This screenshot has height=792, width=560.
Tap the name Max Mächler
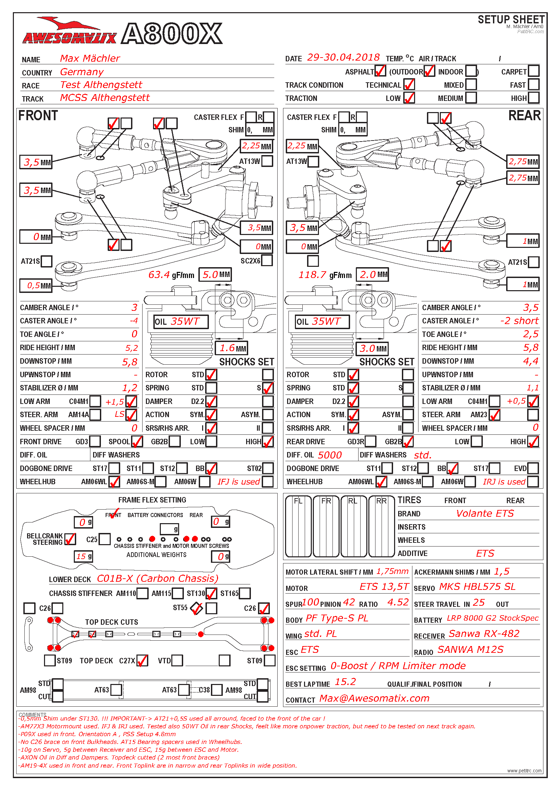[x=90, y=58]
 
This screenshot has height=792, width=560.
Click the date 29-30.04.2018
[x=343, y=57]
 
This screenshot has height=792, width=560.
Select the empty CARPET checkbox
[x=534, y=71]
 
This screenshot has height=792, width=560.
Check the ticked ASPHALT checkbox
[x=380, y=71]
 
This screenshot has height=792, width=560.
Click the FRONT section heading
[x=38, y=115]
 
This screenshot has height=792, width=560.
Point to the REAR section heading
[x=524, y=115]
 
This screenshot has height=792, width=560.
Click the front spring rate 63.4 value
[x=159, y=275]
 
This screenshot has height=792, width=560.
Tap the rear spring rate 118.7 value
[x=313, y=275]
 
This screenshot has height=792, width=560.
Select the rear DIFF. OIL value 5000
[x=330, y=455]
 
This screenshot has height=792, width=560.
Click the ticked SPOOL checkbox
[x=137, y=441]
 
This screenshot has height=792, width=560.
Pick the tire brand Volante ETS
[x=485, y=513]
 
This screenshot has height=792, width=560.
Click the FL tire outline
[x=298, y=527]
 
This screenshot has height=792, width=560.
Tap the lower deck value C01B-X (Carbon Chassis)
[x=157, y=578]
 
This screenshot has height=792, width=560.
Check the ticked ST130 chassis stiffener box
[x=211, y=593]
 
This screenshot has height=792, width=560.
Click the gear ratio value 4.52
[x=398, y=602]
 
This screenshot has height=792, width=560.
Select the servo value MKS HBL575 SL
[x=477, y=587]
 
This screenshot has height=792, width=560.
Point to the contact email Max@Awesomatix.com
[x=374, y=698]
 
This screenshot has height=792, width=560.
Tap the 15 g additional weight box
[x=83, y=556]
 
